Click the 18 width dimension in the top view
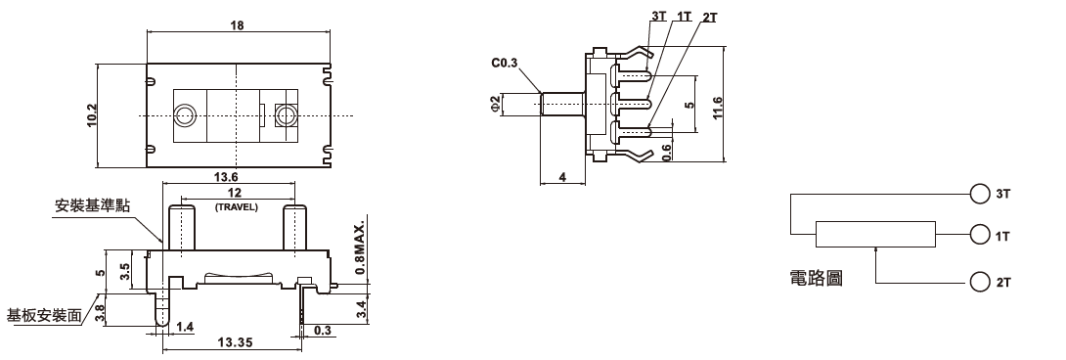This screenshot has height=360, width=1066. tap(237, 25)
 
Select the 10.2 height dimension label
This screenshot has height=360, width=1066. tap(93, 115)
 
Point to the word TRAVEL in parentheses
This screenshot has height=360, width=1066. tap(237, 207)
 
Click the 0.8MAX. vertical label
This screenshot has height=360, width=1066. tap(360, 247)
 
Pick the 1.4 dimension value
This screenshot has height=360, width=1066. tap(185, 328)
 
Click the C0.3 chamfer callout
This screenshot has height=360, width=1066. tap(505, 64)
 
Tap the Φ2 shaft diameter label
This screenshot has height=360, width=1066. tap(495, 104)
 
